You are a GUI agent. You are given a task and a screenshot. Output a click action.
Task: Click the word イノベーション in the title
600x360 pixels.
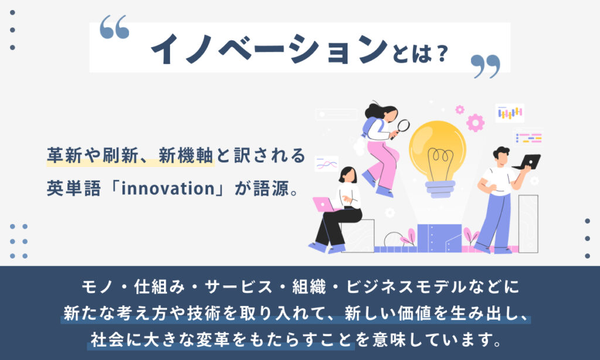(270, 49)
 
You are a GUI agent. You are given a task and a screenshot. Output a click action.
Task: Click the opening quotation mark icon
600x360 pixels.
(114, 27)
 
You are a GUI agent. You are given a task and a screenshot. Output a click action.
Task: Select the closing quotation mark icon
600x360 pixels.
(485, 66)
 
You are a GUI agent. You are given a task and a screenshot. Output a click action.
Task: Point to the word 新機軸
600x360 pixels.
(186, 155)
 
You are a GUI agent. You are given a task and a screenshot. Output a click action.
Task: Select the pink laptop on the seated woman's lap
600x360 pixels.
(323, 205)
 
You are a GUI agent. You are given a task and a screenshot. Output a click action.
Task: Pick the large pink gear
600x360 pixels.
(475, 123)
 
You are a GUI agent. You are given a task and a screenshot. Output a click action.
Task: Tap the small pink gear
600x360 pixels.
(459, 110)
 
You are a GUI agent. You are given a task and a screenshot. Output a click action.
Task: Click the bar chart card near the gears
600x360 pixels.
(510, 113)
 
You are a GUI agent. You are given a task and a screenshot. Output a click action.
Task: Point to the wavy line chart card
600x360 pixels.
(326, 164)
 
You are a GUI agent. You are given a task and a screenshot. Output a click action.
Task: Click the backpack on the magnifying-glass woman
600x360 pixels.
(370, 127)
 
